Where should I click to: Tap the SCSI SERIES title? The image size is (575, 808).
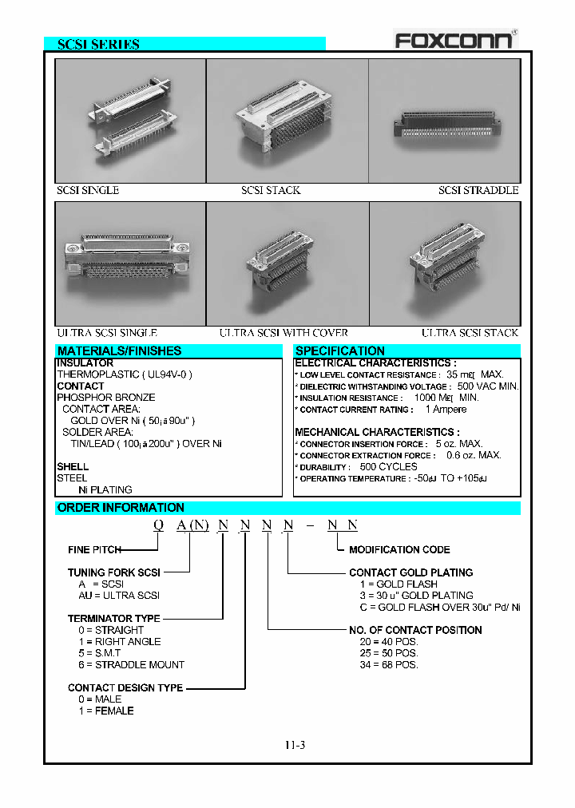coord(98,45)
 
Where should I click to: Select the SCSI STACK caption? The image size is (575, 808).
coord(271,190)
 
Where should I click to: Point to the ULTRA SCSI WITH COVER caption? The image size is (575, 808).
coord(284,333)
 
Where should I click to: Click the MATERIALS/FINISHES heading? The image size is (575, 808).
coord(119,351)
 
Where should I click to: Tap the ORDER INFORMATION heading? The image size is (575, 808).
coord(121,508)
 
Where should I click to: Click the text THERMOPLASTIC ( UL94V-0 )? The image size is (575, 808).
coord(124,374)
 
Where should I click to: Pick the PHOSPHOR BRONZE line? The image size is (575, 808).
coord(105,397)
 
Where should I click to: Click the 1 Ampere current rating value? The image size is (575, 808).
coord(446,409)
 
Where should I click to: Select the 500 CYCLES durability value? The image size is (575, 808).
coord(388,466)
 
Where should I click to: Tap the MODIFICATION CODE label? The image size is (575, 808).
coord(399,549)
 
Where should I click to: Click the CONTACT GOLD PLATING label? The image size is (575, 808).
coord(410,572)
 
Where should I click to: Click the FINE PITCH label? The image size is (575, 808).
coord(94,549)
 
